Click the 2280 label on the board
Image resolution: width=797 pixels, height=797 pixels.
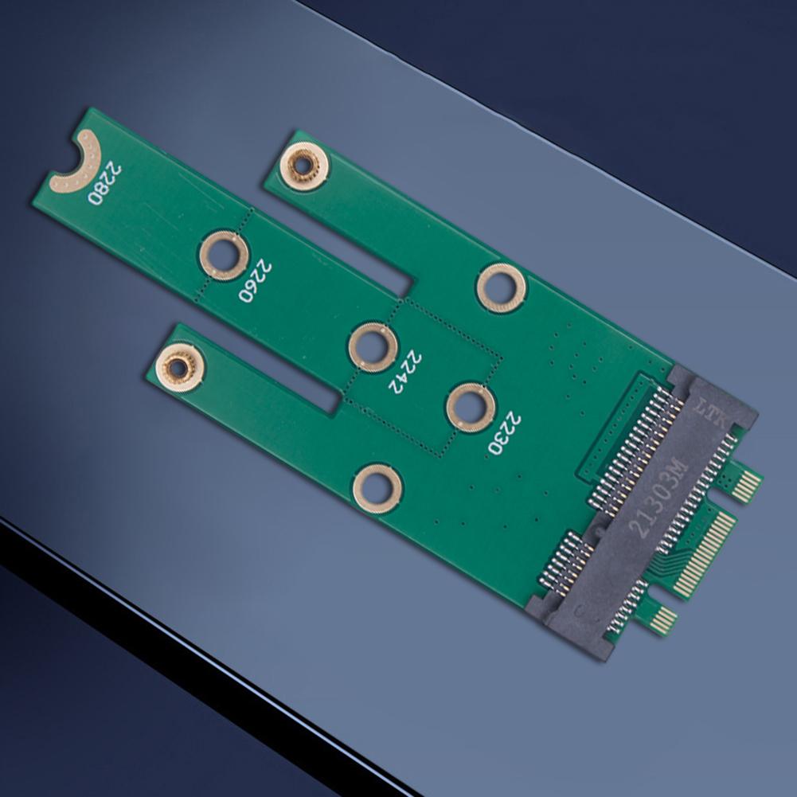point(105,183)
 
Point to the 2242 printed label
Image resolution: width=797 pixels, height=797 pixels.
point(404,372)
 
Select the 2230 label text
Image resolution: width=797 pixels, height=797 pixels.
point(505,433)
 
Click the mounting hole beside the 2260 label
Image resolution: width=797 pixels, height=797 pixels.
point(224,255)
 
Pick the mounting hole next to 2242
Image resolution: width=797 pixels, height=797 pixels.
point(373,347)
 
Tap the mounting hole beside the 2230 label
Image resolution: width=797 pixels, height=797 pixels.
point(470,407)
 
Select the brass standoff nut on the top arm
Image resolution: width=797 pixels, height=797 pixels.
point(303,166)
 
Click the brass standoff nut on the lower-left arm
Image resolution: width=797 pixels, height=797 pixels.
point(180,367)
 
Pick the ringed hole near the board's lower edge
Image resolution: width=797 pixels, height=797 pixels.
point(377,488)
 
